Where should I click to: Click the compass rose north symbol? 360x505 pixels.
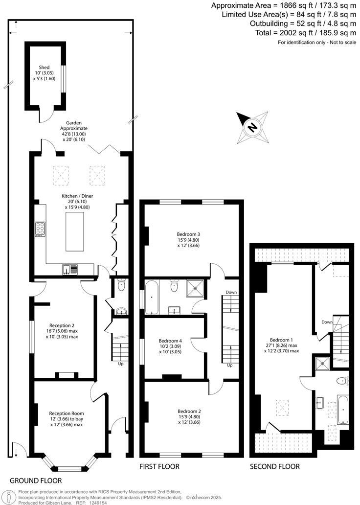point(252,127)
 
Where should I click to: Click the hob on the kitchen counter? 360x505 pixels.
point(40,229)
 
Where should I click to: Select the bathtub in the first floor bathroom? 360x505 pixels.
point(152,297)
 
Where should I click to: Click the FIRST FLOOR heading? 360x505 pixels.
point(160,466)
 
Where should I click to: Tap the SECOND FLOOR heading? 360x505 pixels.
point(274,466)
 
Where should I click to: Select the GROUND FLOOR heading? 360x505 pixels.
point(35,480)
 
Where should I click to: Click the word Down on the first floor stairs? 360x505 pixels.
point(231,293)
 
